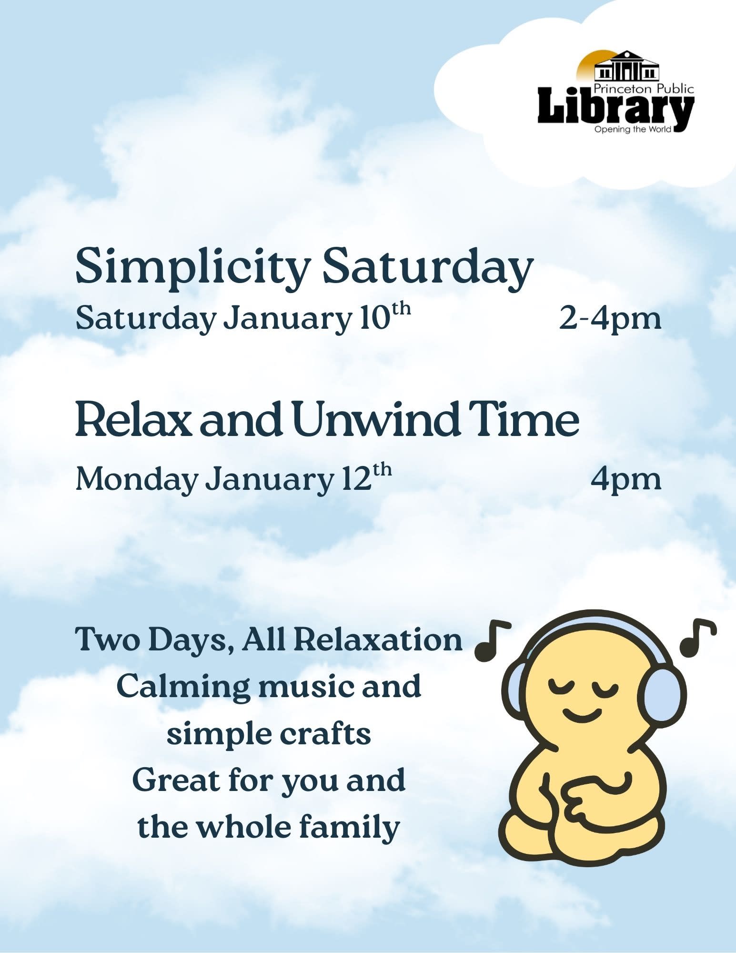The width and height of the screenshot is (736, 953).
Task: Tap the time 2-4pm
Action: pos(610,319)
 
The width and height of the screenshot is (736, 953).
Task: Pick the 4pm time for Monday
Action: pos(626,479)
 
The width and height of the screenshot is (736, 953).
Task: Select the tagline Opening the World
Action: pos(633,130)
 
